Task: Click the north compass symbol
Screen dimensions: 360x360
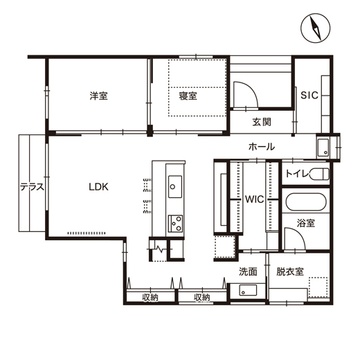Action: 315,30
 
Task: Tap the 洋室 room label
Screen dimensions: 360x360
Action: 98,96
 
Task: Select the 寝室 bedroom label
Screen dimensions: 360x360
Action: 188,96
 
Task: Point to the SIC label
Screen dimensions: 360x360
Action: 309,96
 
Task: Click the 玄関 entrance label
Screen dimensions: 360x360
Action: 261,123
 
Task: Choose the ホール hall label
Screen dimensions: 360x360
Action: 261,147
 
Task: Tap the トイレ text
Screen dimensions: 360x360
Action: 297,173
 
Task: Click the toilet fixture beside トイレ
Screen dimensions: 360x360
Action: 319,173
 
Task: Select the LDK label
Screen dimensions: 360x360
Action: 98,186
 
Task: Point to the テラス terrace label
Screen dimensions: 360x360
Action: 32,186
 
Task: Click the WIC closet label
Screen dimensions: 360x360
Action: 254,199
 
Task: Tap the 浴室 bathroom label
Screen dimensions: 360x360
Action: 306,224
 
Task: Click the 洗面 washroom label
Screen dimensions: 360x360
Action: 248,271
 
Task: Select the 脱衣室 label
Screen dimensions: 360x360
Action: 290,271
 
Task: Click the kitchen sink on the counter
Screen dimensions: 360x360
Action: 175,186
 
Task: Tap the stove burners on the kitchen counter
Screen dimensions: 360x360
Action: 175,223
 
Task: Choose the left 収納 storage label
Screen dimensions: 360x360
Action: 151,298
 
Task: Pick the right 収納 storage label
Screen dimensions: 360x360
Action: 201,298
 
